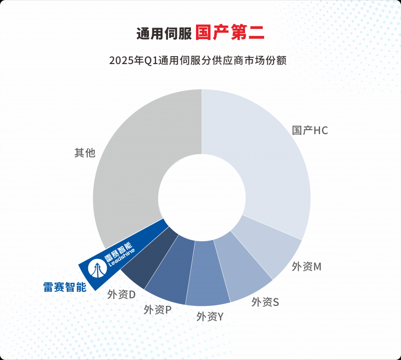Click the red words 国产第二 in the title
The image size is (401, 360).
[x=230, y=33]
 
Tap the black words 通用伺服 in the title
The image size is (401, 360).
[x=164, y=34]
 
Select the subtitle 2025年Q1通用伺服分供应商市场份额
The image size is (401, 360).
[x=197, y=61]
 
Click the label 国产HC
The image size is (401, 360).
[x=310, y=130]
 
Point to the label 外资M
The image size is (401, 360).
[x=306, y=267]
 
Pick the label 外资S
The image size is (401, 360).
[x=265, y=302]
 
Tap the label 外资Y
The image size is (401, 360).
[x=210, y=317]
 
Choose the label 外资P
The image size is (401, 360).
[x=157, y=310]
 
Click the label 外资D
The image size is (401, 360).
[x=121, y=294]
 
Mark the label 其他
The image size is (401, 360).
[x=85, y=153]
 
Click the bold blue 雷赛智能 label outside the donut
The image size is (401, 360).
[x=65, y=287]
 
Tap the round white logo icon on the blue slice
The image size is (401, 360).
[x=97, y=269]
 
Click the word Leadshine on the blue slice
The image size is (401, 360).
[x=122, y=257]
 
